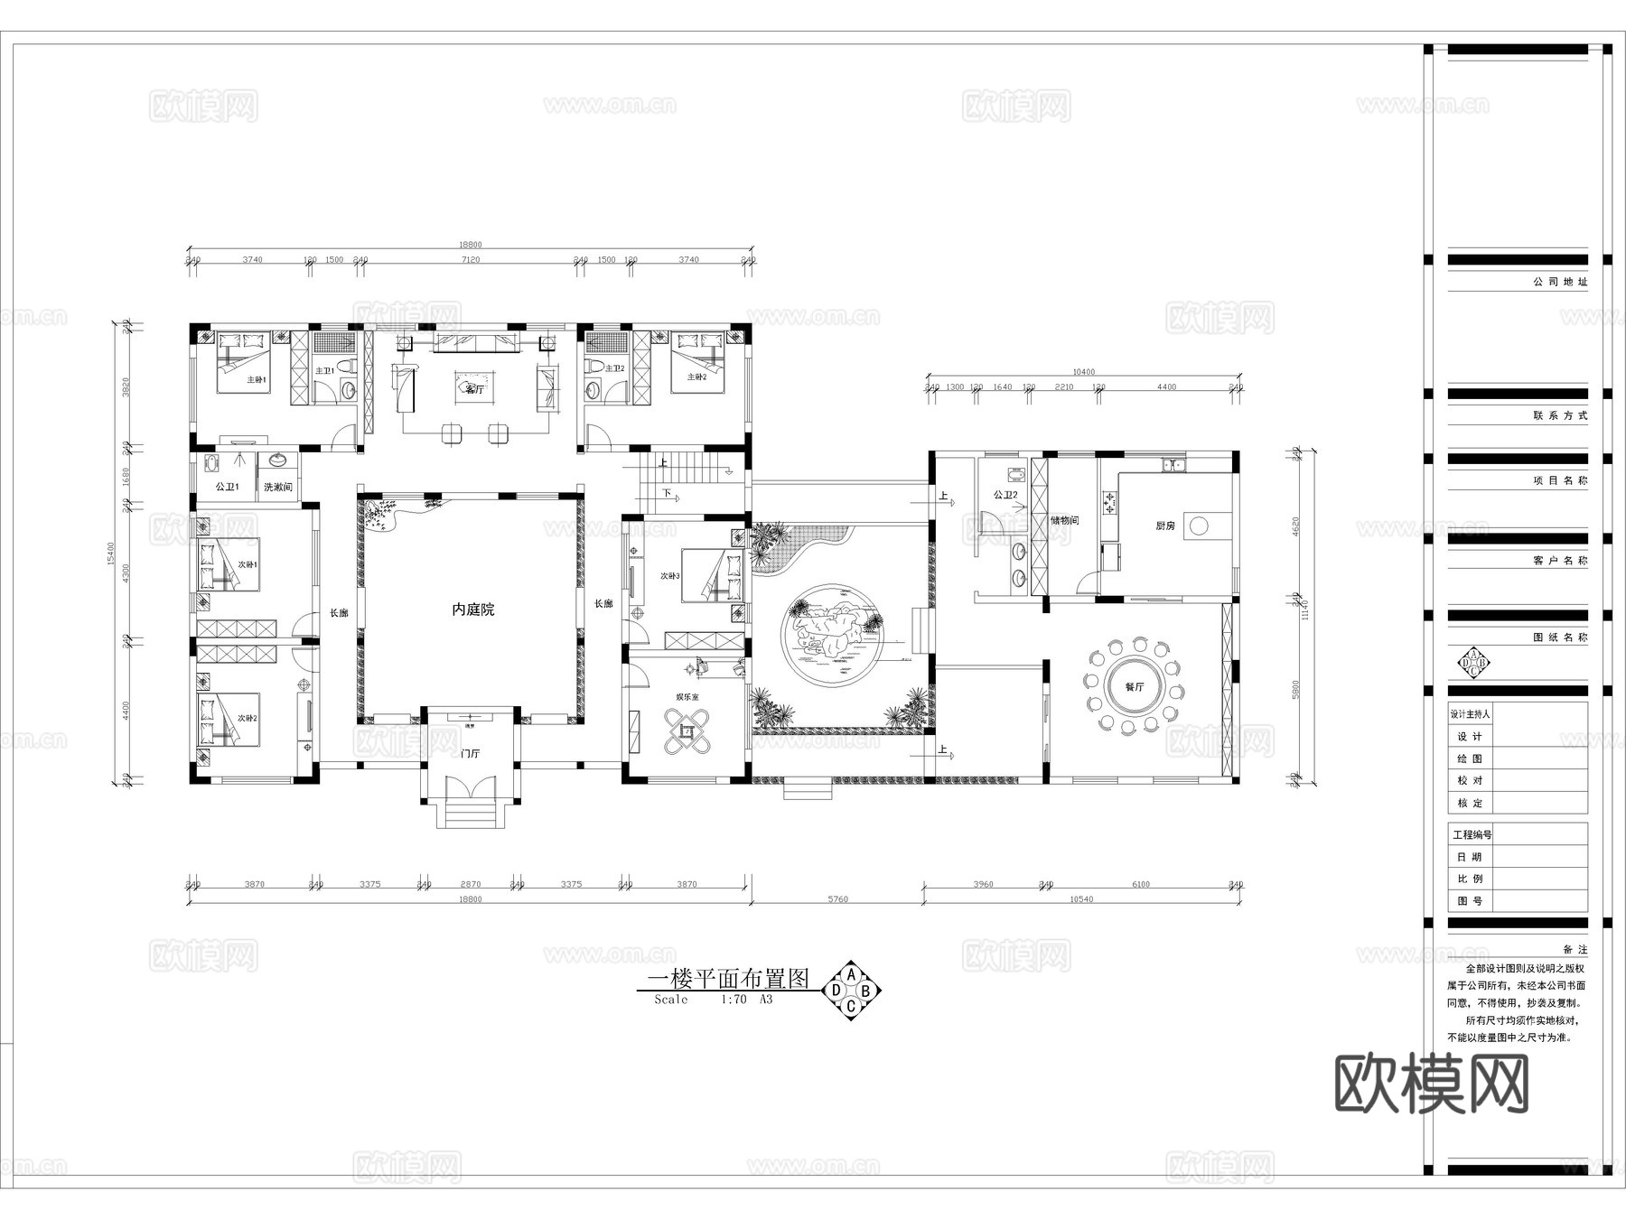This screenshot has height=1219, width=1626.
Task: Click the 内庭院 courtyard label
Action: (472, 610)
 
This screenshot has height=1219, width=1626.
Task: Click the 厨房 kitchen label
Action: (1165, 526)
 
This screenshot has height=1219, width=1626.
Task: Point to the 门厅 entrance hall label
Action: (470, 753)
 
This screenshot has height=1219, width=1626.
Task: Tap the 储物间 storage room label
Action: (1064, 521)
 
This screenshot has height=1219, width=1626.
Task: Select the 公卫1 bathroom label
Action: (227, 488)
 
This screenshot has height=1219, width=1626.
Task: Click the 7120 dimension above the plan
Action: (470, 260)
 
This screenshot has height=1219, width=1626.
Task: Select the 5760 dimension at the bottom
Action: (837, 899)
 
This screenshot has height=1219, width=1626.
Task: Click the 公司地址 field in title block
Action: (1560, 282)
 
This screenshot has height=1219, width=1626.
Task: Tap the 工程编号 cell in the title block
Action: (1472, 835)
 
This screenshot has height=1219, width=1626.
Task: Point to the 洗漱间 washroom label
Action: (277, 488)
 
